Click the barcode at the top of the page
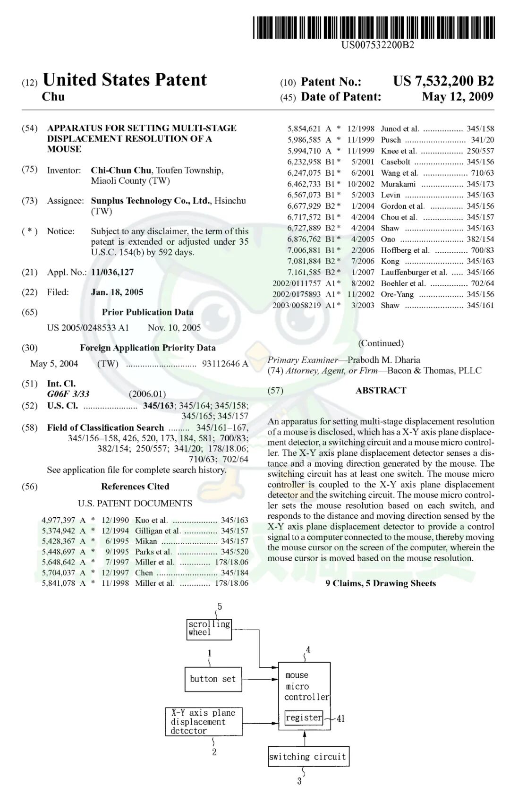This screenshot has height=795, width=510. (374, 27)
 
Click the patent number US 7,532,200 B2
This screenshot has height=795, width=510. (443, 81)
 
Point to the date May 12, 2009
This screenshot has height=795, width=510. (457, 97)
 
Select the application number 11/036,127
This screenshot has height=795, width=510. (112, 272)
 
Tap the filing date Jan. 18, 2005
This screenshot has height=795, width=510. (117, 292)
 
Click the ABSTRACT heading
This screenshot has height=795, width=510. (381, 390)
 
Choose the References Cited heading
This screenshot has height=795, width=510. (135, 486)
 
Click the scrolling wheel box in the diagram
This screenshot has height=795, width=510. (209, 629)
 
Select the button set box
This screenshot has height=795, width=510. (213, 679)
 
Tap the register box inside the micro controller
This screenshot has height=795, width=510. (304, 718)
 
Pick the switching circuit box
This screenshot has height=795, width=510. (308, 756)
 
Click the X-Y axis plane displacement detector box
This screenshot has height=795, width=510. (204, 721)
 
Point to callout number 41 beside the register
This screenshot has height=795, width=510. (341, 718)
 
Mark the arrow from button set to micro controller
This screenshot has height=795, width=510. (260, 679)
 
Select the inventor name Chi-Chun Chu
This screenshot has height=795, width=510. (121, 170)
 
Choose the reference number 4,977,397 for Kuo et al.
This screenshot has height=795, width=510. (58, 520)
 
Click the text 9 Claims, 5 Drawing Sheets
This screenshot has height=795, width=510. (381, 583)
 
